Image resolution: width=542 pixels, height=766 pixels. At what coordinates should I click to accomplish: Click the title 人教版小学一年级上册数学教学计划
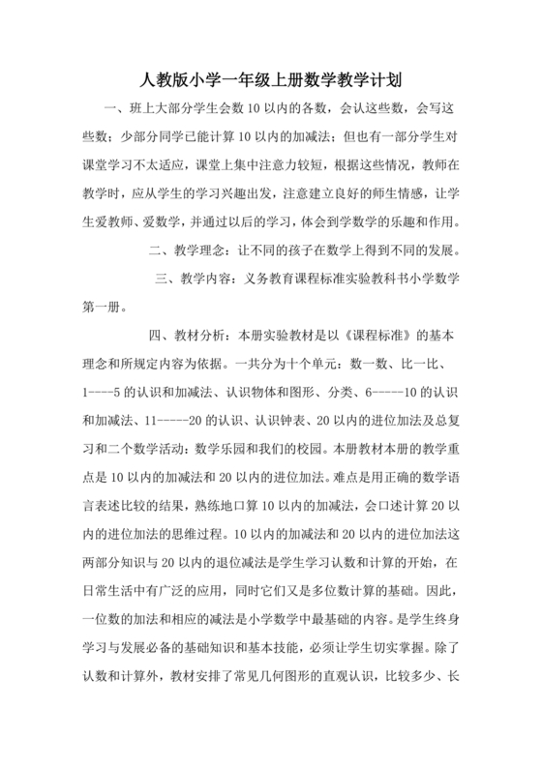coord(271,79)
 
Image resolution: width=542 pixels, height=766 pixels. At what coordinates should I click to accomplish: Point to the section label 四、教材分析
coord(184,337)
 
